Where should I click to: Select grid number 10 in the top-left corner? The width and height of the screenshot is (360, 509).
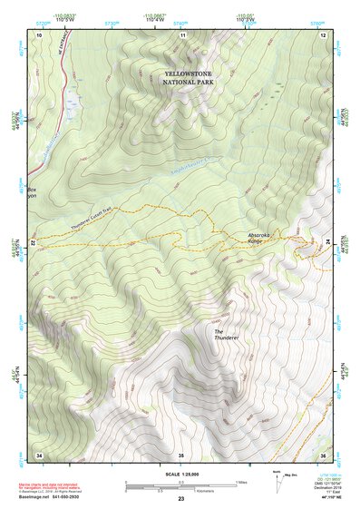click(38, 34)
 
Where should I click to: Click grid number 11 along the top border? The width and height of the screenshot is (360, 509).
click(182, 34)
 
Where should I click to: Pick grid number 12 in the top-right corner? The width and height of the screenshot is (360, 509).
click(323, 34)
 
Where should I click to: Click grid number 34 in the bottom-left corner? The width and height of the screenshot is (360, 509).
click(38, 454)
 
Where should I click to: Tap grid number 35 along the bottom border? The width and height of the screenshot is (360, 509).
click(180, 454)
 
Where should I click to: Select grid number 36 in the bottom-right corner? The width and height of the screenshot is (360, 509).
click(323, 454)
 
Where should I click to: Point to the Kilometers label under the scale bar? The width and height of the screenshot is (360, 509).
click(188, 490)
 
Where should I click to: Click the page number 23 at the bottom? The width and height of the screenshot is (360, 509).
click(180, 499)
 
